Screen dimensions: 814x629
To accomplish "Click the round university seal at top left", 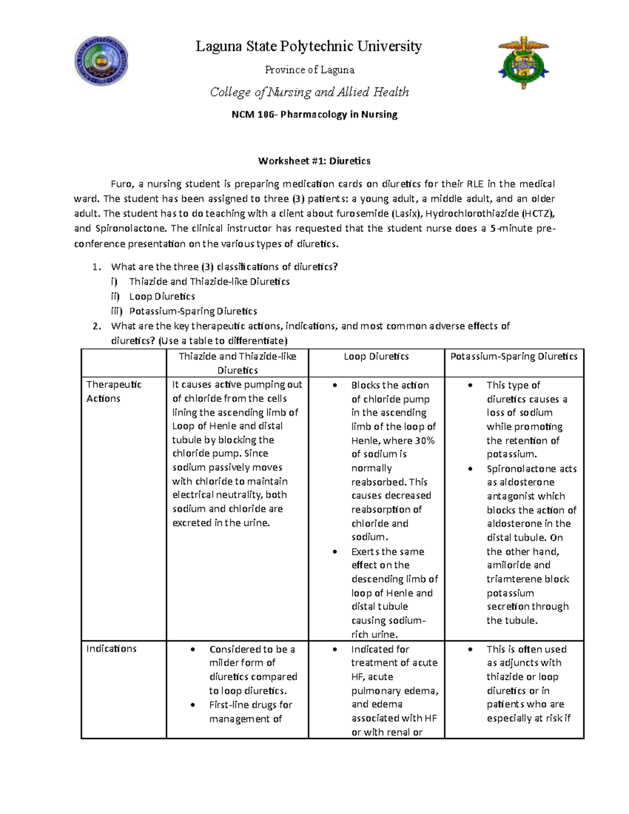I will click(101, 61).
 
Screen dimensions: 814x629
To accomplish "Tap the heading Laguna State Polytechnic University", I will click(308, 47).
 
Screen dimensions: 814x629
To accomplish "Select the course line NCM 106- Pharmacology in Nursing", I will click(314, 114).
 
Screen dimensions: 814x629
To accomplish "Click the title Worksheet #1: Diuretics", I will click(314, 161).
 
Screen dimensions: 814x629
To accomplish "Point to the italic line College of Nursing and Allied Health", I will click(309, 92).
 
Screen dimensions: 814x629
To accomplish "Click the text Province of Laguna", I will click(309, 70).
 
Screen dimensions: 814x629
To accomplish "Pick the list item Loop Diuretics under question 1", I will click(162, 297).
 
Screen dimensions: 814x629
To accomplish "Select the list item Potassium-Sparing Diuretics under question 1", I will click(193, 311).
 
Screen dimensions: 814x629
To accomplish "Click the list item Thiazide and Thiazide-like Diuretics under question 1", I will click(209, 281).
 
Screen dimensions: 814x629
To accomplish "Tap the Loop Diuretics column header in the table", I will click(376, 356).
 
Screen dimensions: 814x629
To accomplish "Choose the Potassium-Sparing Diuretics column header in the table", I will click(514, 356).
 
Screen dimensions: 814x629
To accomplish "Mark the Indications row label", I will click(111, 648).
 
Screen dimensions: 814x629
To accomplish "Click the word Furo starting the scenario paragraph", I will click(120, 184).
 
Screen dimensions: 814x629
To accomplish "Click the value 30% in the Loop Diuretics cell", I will click(425, 440).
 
